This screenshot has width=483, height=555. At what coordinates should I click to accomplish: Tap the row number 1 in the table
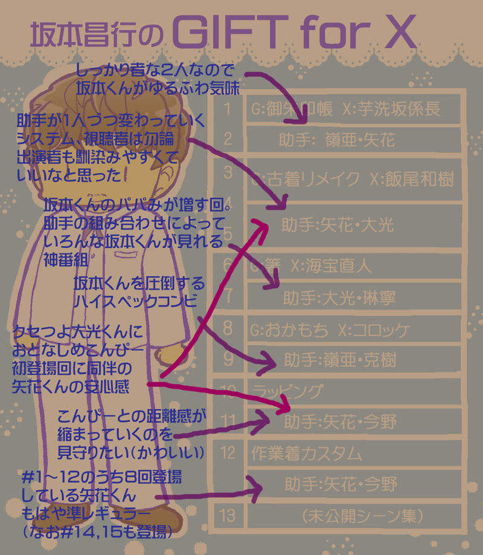(228, 109)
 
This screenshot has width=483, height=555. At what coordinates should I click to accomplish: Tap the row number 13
(228, 516)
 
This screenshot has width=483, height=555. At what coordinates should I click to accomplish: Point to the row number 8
(228, 329)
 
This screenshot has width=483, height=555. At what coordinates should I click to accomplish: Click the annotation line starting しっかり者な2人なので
(156, 71)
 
